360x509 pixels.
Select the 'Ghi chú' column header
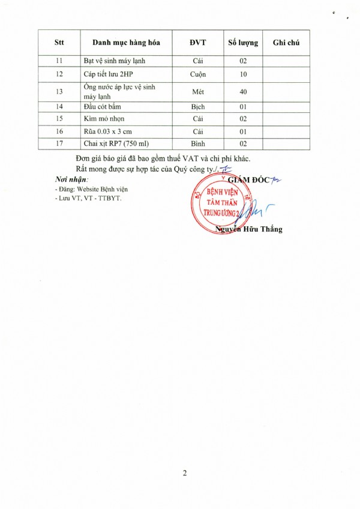pos(286,43)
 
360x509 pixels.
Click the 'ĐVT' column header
pos(198,43)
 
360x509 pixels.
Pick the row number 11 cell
pos(59,61)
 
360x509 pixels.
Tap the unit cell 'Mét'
pos(198,91)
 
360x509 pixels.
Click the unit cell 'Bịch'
pos(198,107)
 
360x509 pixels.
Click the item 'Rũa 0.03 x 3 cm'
pos(107,131)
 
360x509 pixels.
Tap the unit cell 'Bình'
pos(198,144)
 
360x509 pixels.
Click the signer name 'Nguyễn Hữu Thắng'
pos(248,229)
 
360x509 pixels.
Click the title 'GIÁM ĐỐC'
pos(248,178)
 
